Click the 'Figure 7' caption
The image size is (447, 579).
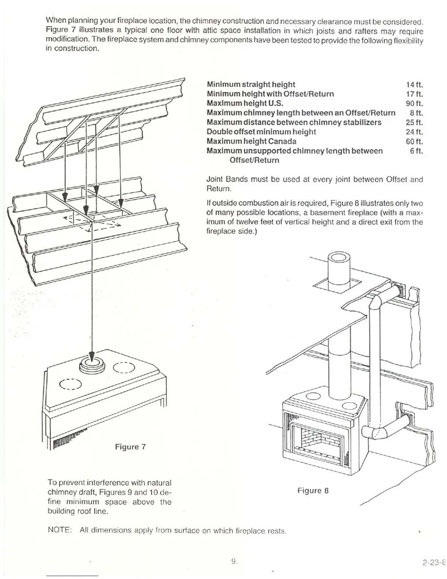coord(130,447)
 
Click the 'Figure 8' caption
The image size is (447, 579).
coord(313,491)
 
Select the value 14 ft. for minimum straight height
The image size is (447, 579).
coord(414,84)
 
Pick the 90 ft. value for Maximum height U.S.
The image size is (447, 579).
coord(414,103)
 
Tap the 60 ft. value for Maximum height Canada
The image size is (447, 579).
coord(414,141)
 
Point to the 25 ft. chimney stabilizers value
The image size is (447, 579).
coord(414,122)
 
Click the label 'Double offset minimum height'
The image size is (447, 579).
coord(261,132)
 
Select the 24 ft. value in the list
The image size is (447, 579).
coord(414,132)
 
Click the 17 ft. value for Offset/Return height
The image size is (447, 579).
coord(414,94)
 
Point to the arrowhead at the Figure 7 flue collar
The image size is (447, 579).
coord(92,356)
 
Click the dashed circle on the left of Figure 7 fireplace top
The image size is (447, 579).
coord(70,384)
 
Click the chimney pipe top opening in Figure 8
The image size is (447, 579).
coord(339,259)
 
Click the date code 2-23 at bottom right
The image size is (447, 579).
coord(434,563)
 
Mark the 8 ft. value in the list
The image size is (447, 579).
coord(416,113)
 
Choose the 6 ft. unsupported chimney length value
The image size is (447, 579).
coord(416,151)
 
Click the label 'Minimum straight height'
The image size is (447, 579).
coord(251,84)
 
